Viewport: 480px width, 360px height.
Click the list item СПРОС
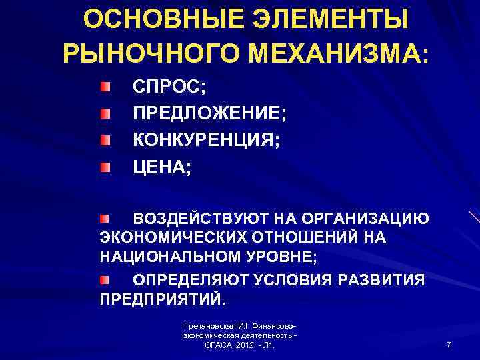(159, 88)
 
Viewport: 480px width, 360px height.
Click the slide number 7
(449, 345)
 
